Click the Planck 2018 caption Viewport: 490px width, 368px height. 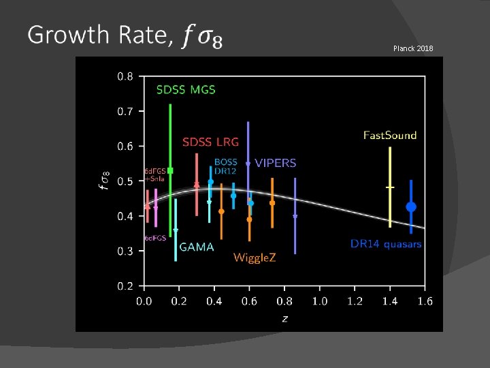[x=412, y=48]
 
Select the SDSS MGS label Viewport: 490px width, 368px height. [x=186, y=89]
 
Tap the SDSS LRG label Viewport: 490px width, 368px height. [x=210, y=142]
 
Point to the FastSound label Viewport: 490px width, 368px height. [x=390, y=135]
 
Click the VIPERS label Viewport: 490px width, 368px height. [x=276, y=163]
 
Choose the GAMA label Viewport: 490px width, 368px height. [x=197, y=247]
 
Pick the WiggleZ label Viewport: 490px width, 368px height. [x=255, y=258]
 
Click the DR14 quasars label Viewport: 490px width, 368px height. [x=386, y=243]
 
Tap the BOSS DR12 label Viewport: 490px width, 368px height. [x=226, y=166]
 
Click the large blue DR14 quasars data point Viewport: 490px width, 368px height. [x=411, y=206]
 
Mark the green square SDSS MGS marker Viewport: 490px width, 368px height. [x=171, y=170]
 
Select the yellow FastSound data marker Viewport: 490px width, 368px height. [x=390, y=187]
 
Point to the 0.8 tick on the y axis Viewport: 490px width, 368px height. [x=126, y=76]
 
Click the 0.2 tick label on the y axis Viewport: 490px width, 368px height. [x=126, y=286]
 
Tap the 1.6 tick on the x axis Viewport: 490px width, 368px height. [x=425, y=301]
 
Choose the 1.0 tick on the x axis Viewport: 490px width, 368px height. [x=319, y=301]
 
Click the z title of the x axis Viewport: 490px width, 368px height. [x=284, y=317]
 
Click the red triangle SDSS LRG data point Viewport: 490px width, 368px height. [x=197, y=184]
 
